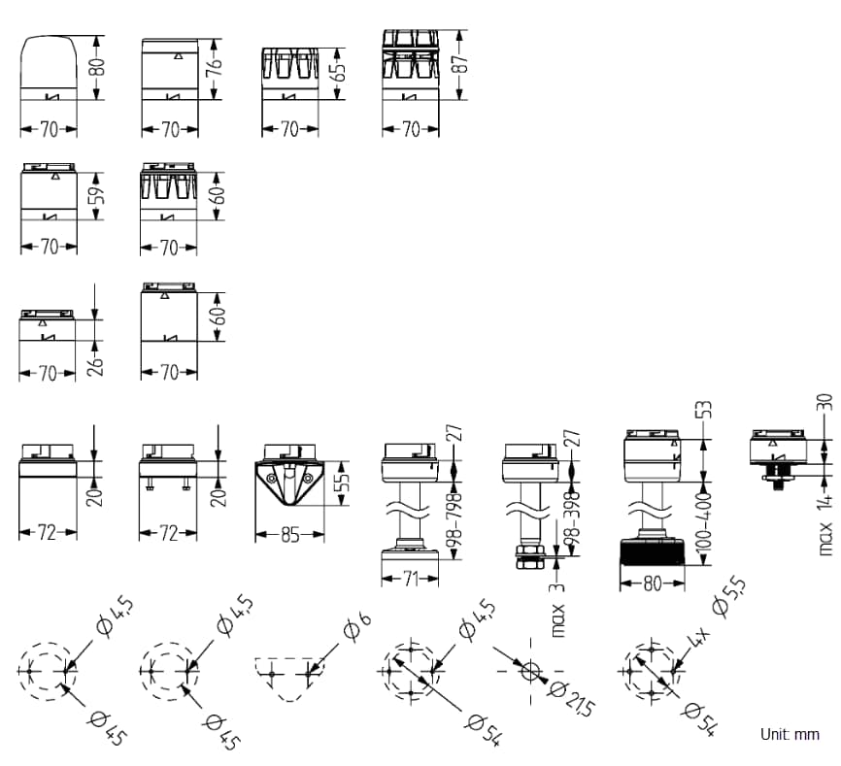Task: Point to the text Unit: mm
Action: [x=790, y=735]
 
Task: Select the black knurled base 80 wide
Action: [x=653, y=564]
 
